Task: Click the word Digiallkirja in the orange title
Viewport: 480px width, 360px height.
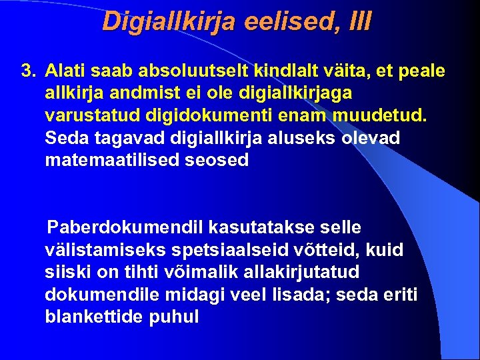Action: tap(171, 21)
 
